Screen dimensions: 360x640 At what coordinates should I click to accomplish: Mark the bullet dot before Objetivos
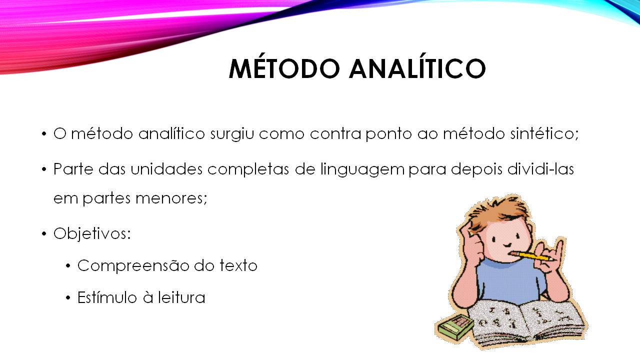[44, 234]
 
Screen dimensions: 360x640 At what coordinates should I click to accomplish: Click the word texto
[238, 265]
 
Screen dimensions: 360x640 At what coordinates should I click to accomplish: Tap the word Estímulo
[107, 298]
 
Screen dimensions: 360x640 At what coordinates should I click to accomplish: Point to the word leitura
[181, 298]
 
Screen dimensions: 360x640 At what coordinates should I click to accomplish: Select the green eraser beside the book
[455, 328]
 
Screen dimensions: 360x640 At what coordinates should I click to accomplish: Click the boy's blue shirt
[510, 282]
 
